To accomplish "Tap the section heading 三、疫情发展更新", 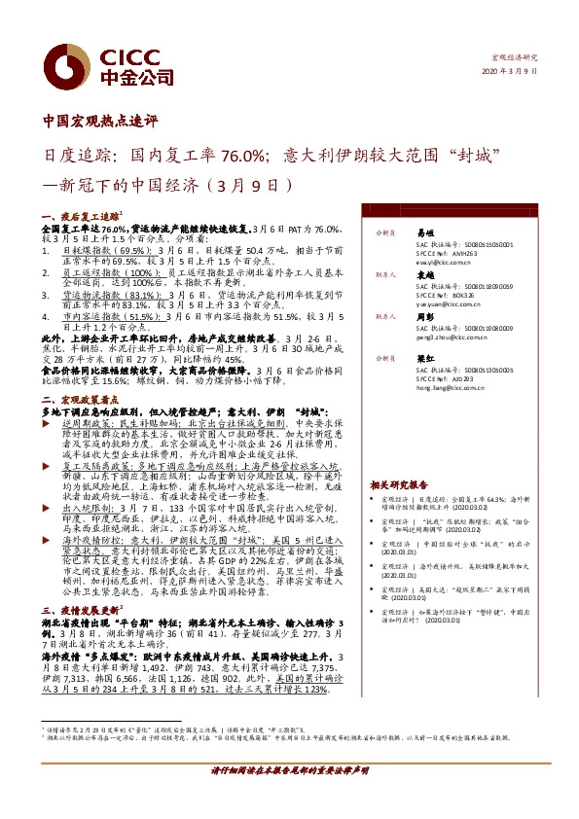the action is [80, 607].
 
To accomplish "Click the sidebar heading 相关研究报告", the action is [399, 484].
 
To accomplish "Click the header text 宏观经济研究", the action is [516, 57].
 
